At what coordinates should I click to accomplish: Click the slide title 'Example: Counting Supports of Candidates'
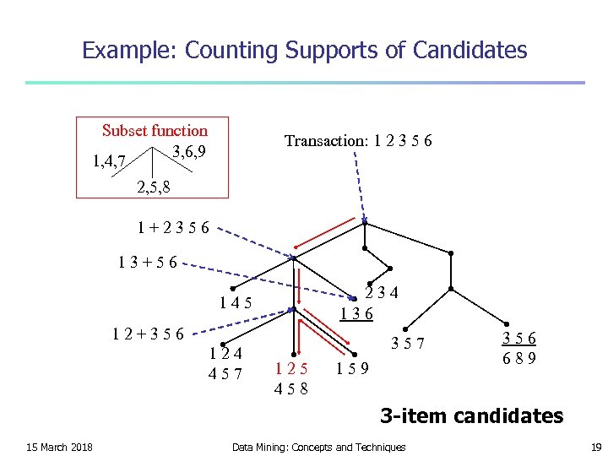point(304,51)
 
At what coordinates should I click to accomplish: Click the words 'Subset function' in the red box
point(155,131)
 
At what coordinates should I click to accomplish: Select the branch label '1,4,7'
point(109,159)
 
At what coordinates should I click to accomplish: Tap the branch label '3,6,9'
point(189,152)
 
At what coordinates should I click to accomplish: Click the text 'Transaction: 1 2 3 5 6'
point(358,141)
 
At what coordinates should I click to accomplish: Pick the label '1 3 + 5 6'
point(148,262)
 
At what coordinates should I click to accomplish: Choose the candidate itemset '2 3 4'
point(382,293)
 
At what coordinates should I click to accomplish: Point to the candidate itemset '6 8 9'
point(519,358)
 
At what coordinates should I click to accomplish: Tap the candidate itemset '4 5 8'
point(291,389)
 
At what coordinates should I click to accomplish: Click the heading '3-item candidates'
point(471,415)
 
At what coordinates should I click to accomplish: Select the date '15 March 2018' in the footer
point(59,447)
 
